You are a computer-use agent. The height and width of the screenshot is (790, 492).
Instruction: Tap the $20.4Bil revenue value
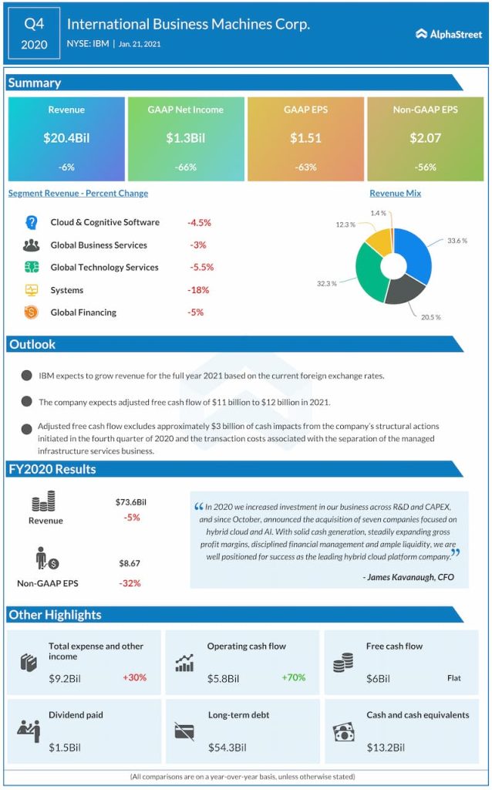[x=66, y=139]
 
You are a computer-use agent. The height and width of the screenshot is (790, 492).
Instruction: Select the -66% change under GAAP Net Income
[x=185, y=167]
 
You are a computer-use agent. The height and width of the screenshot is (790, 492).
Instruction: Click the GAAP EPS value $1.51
[x=305, y=139]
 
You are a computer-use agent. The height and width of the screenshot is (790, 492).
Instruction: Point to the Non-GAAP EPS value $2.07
[x=425, y=139]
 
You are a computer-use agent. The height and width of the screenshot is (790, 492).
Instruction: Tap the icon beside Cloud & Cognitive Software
[x=32, y=222]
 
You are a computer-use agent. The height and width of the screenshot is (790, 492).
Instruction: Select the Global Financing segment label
[x=83, y=312]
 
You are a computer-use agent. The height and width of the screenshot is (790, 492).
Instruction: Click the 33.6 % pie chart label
[x=457, y=241]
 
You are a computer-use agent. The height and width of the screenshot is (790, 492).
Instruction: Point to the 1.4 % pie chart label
[x=378, y=211]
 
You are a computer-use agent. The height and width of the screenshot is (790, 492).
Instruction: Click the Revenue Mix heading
[x=395, y=194]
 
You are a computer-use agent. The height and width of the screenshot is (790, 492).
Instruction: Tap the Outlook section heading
[x=32, y=344]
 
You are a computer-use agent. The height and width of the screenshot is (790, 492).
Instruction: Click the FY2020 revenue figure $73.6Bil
[x=131, y=502]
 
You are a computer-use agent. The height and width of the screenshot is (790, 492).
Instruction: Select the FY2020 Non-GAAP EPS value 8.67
[x=130, y=565]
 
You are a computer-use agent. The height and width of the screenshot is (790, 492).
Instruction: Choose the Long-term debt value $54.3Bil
[x=227, y=747]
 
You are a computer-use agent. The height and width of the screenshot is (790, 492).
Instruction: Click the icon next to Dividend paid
[x=29, y=730]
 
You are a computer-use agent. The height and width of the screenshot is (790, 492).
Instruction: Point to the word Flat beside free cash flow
[x=454, y=678]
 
